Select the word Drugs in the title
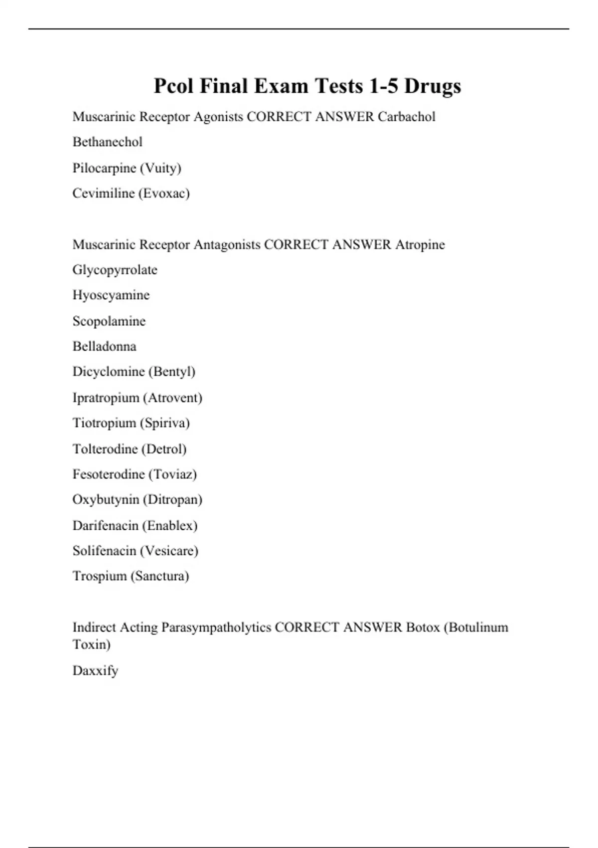(x=432, y=86)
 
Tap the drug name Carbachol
(x=406, y=117)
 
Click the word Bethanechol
(x=107, y=142)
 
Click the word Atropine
(x=420, y=244)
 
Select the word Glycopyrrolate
(x=115, y=270)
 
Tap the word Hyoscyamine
(x=111, y=295)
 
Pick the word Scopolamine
(x=109, y=321)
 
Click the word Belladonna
(x=104, y=346)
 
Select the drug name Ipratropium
(x=106, y=398)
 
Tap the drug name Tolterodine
(x=105, y=449)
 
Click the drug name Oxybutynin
(x=106, y=499)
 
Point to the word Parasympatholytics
(x=216, y=627)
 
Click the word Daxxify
(x=95, y=670)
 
